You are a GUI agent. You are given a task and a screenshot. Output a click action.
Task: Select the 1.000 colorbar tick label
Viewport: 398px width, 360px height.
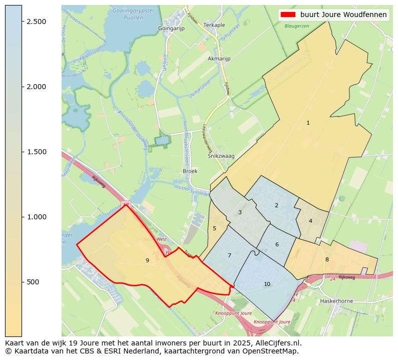pyautogui.click(x=36, y=217)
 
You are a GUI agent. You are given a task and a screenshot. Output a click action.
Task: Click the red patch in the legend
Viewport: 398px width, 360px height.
pyautogui.click(x=289, y=15)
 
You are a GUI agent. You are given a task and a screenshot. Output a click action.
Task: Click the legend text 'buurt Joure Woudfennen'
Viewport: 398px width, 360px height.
pyautogui.click(x=343, y=15)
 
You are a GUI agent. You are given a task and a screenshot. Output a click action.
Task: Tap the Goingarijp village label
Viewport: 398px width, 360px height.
pyautogui.click(x=171, y=29)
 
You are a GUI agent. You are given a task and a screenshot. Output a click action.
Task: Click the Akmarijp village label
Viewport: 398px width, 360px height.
pyautogui.click(x=219, y=59)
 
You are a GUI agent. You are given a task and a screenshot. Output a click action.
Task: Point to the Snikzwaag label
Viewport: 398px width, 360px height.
pyautogui.click(x=221, y=156)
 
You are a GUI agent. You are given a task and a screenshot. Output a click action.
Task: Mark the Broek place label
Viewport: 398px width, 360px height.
pyautogui.click(x=190, y=171)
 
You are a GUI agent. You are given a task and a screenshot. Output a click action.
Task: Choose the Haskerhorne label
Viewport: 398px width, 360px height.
pyautogui.click(x=336, y=301)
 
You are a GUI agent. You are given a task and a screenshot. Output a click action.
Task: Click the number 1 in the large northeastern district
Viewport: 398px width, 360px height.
pyautogui.click(x=308, y=123)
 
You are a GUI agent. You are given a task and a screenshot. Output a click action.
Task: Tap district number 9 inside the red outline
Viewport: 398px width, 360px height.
pyautogui.click(x=147, y=260)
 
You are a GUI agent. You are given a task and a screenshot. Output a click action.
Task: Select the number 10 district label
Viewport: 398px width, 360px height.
pyautogui.click(x=267, y=284)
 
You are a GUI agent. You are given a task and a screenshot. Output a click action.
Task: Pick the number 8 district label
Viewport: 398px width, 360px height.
pyautogui.click(x=327, y=259)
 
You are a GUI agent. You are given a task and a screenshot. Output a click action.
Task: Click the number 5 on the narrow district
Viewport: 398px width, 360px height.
pyautogui.click(x=214, y=228)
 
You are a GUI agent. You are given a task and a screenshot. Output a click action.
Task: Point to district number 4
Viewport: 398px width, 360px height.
pyautogui.click(x=310, y=221)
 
